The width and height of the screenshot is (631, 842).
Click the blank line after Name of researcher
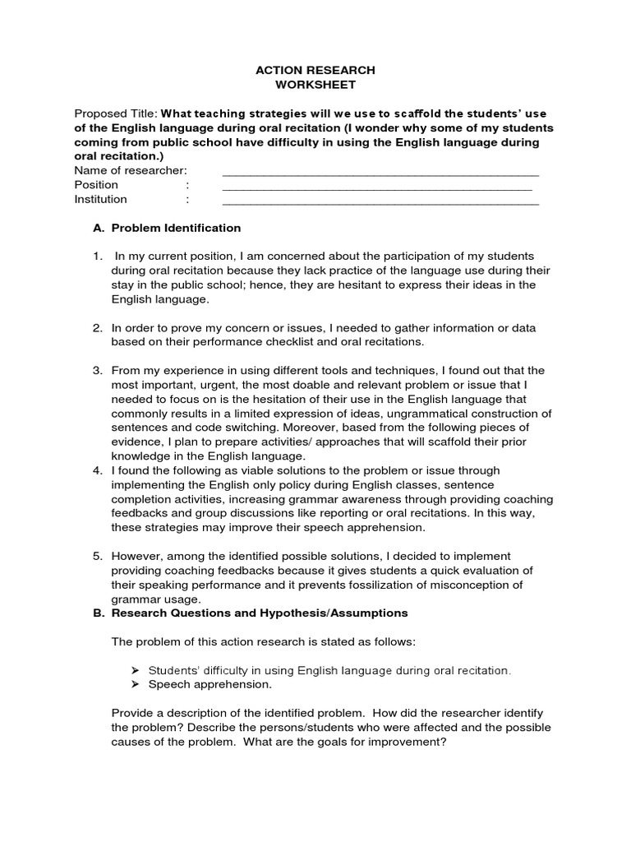380,171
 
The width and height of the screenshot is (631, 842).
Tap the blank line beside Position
377,185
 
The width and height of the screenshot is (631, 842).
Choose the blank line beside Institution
380,199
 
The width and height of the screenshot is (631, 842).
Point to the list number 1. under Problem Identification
97,257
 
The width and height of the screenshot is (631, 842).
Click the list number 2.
97,327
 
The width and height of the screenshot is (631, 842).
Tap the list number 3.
97,370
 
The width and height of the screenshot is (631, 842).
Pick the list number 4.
97,470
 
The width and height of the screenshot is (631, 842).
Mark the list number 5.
97,556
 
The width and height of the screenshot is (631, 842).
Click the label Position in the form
96,185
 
